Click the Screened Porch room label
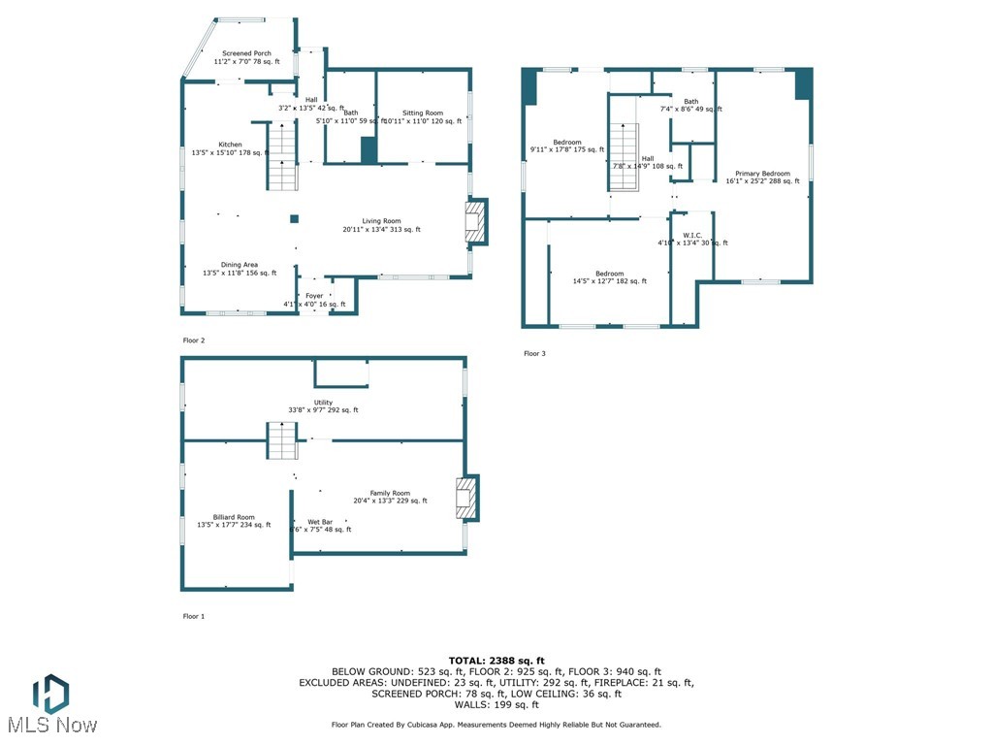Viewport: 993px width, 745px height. point(246,57)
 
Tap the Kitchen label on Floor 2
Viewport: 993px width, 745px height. point(230,148)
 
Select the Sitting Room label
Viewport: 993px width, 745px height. point(423,117)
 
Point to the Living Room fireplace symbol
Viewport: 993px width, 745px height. point(475,222)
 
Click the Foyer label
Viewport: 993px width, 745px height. point(314,300)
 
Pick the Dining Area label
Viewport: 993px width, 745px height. point(239,269)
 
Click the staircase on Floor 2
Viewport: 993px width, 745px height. point(281,155)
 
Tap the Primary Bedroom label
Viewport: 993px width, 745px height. point(762,177)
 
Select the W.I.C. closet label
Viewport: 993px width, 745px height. point(692,239)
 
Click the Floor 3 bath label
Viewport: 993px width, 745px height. point(690,105)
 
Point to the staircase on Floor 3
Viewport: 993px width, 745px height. point(624,157)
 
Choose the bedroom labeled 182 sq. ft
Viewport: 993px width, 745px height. point(610,277)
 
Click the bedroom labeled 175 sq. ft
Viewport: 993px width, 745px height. point(567,146)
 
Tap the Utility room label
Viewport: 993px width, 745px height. point(323,406)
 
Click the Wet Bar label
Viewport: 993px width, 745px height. point(320,526)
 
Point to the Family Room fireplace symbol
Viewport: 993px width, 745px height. point(466,498)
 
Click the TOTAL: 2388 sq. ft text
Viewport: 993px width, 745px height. point(496,661)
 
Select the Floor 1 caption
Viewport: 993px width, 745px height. point(194,616)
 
